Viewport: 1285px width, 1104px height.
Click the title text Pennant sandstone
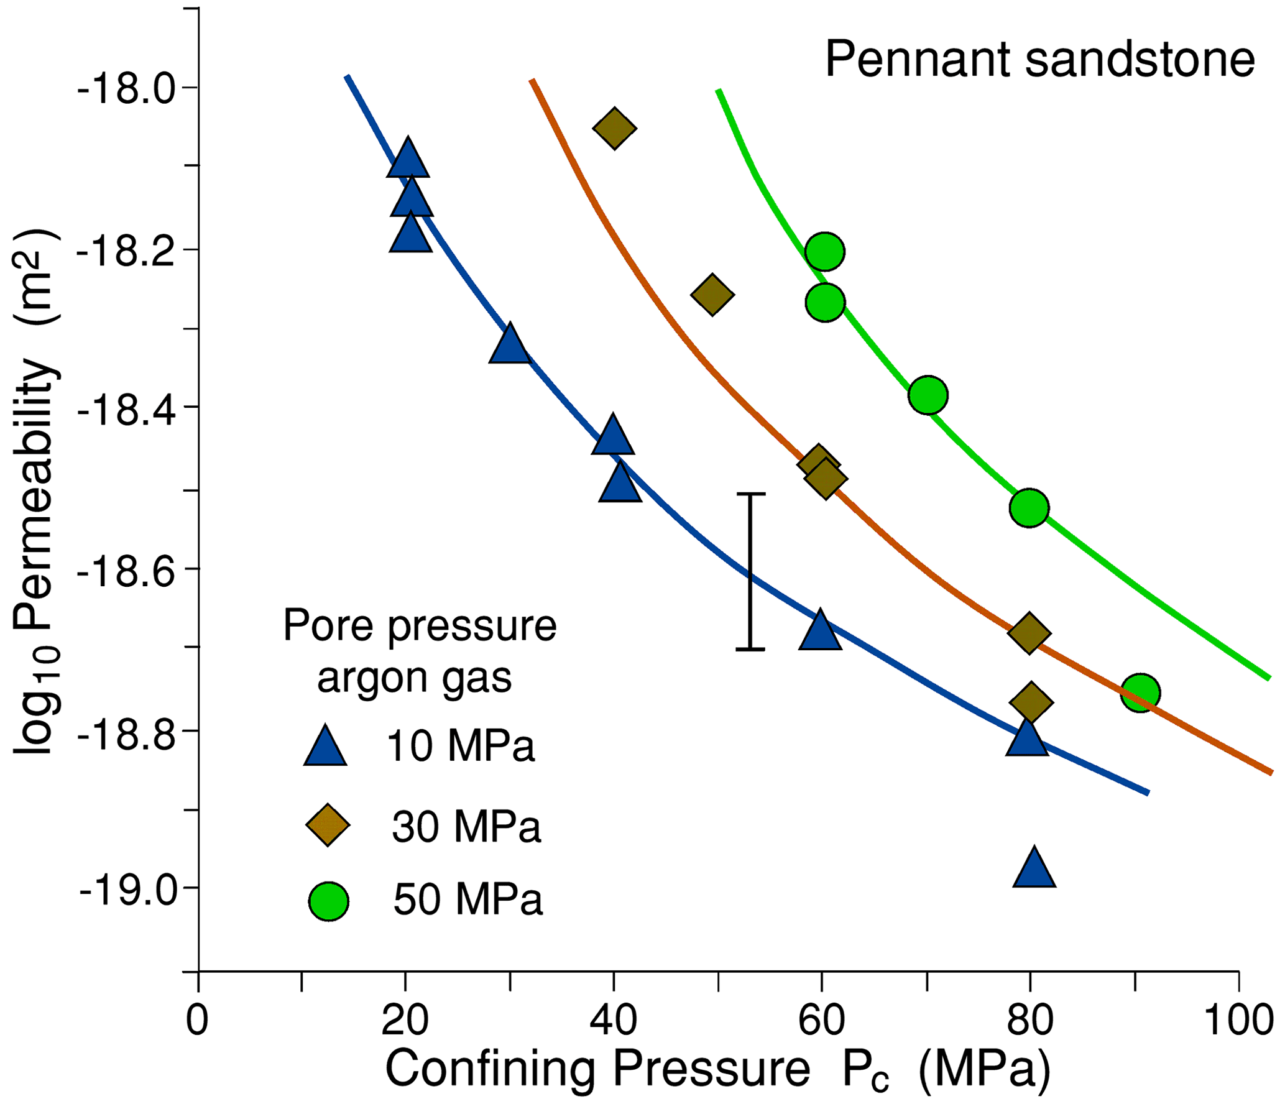click(1039, 59)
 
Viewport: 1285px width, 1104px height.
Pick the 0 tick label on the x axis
click(197, 1021)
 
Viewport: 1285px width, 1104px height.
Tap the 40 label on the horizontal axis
click(614, 1021)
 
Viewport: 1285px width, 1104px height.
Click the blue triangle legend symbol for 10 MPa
click(325, 747)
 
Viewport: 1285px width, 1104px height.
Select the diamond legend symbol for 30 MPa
click(328, 825)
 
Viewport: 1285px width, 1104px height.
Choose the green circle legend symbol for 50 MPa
click(329, 901)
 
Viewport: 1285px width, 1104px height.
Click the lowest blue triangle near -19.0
click(1034, 869)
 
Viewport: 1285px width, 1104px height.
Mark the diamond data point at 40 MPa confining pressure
click(614, 129)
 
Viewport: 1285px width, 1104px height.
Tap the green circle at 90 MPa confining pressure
click(1140, 693)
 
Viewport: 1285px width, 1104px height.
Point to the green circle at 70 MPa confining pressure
click(928, 395)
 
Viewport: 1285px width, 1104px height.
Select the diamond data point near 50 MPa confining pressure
click(712, 295)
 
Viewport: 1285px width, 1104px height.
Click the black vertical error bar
click(750, 571)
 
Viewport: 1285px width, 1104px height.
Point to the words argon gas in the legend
click(415, 677)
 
